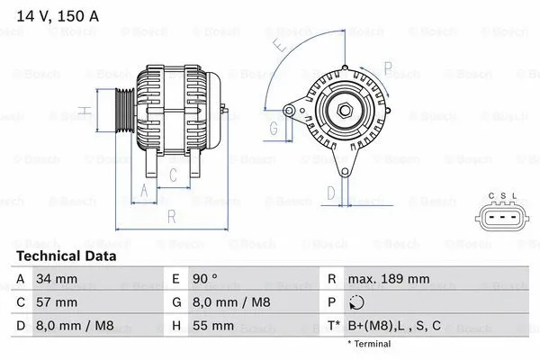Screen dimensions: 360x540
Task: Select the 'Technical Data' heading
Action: (66, 256)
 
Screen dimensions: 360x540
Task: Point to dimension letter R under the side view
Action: (171, 216)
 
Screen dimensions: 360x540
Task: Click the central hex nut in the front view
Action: (346, 111)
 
